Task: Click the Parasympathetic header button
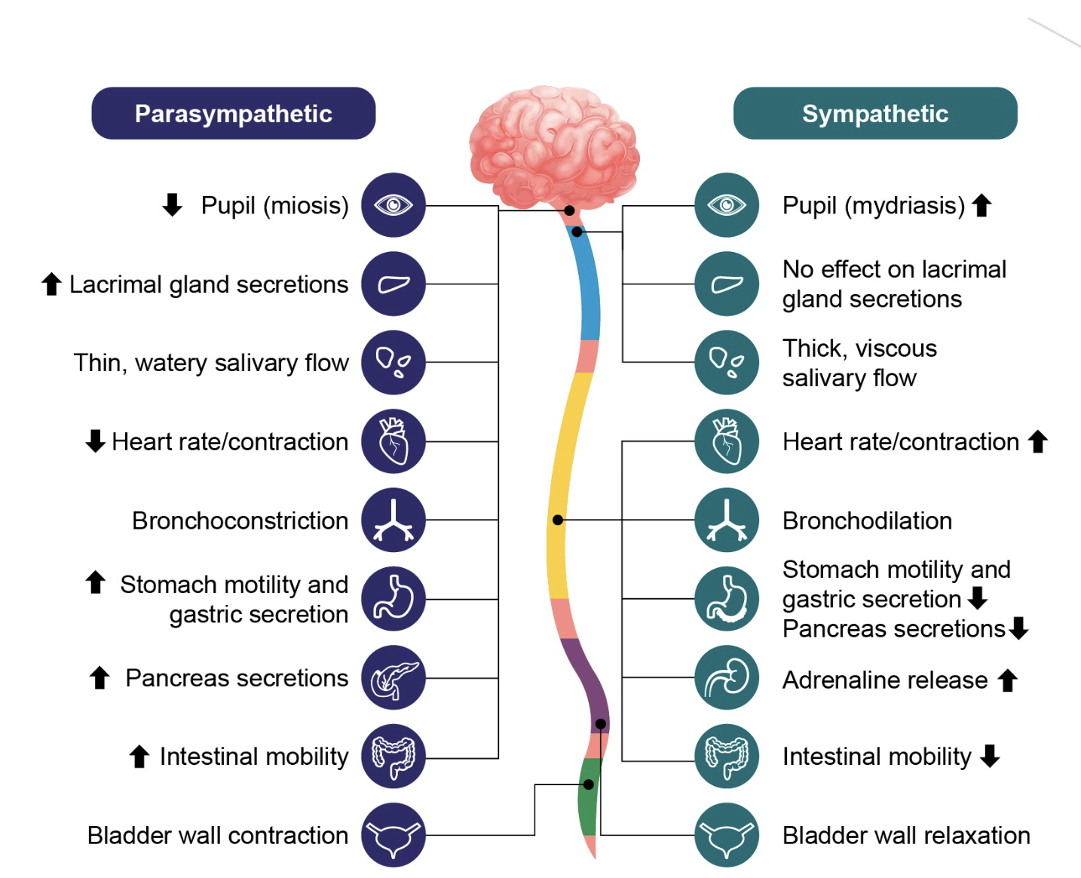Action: pos(234,113)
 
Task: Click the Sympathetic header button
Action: pos(874,113)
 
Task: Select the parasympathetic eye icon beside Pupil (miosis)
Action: pos(394,205)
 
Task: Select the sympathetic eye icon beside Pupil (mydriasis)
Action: pos(727,205)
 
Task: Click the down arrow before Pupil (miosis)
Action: pos(173,204)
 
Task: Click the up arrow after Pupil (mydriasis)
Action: pos(981,205)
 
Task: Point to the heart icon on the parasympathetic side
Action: pos(394,441)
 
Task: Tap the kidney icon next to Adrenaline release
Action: pos(727,677)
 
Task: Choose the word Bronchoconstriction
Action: pos(240,520)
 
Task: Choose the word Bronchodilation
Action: pos(867,520)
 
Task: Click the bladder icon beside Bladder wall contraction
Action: pos(394,835)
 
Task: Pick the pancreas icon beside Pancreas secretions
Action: pos(394,677)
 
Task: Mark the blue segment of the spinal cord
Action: pos(588,287)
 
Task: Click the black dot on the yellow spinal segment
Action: pos(558,520)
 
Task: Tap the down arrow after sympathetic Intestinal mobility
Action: pos(991,755)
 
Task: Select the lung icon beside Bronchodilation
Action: pos(727,520)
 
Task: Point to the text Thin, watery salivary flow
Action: pos(211,363)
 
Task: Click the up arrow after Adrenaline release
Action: pos(1008,680)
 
